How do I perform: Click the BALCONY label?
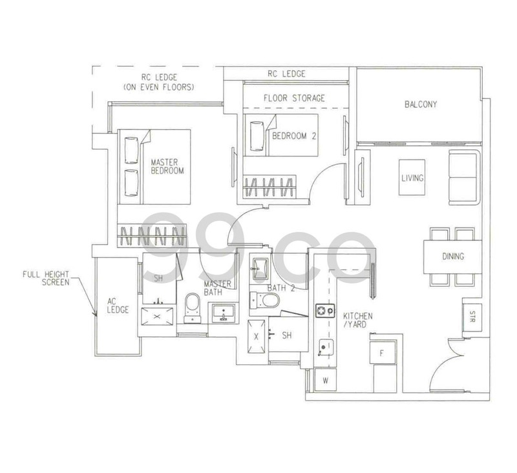point(421,104)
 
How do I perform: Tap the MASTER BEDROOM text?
point(167,167)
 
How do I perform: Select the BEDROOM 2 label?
point(293,136)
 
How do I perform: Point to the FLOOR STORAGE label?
point(294,98)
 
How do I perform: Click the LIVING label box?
point(412,178)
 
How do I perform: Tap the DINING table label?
point(453,257)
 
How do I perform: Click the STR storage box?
point(472,319)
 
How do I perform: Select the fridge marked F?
point(381,353)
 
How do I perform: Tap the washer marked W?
point(325,381)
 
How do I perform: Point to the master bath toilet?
point(193,306)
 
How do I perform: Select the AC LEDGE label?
point(118,305)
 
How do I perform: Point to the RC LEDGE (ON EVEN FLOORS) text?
point(159,81)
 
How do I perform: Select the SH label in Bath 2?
point(287,335)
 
